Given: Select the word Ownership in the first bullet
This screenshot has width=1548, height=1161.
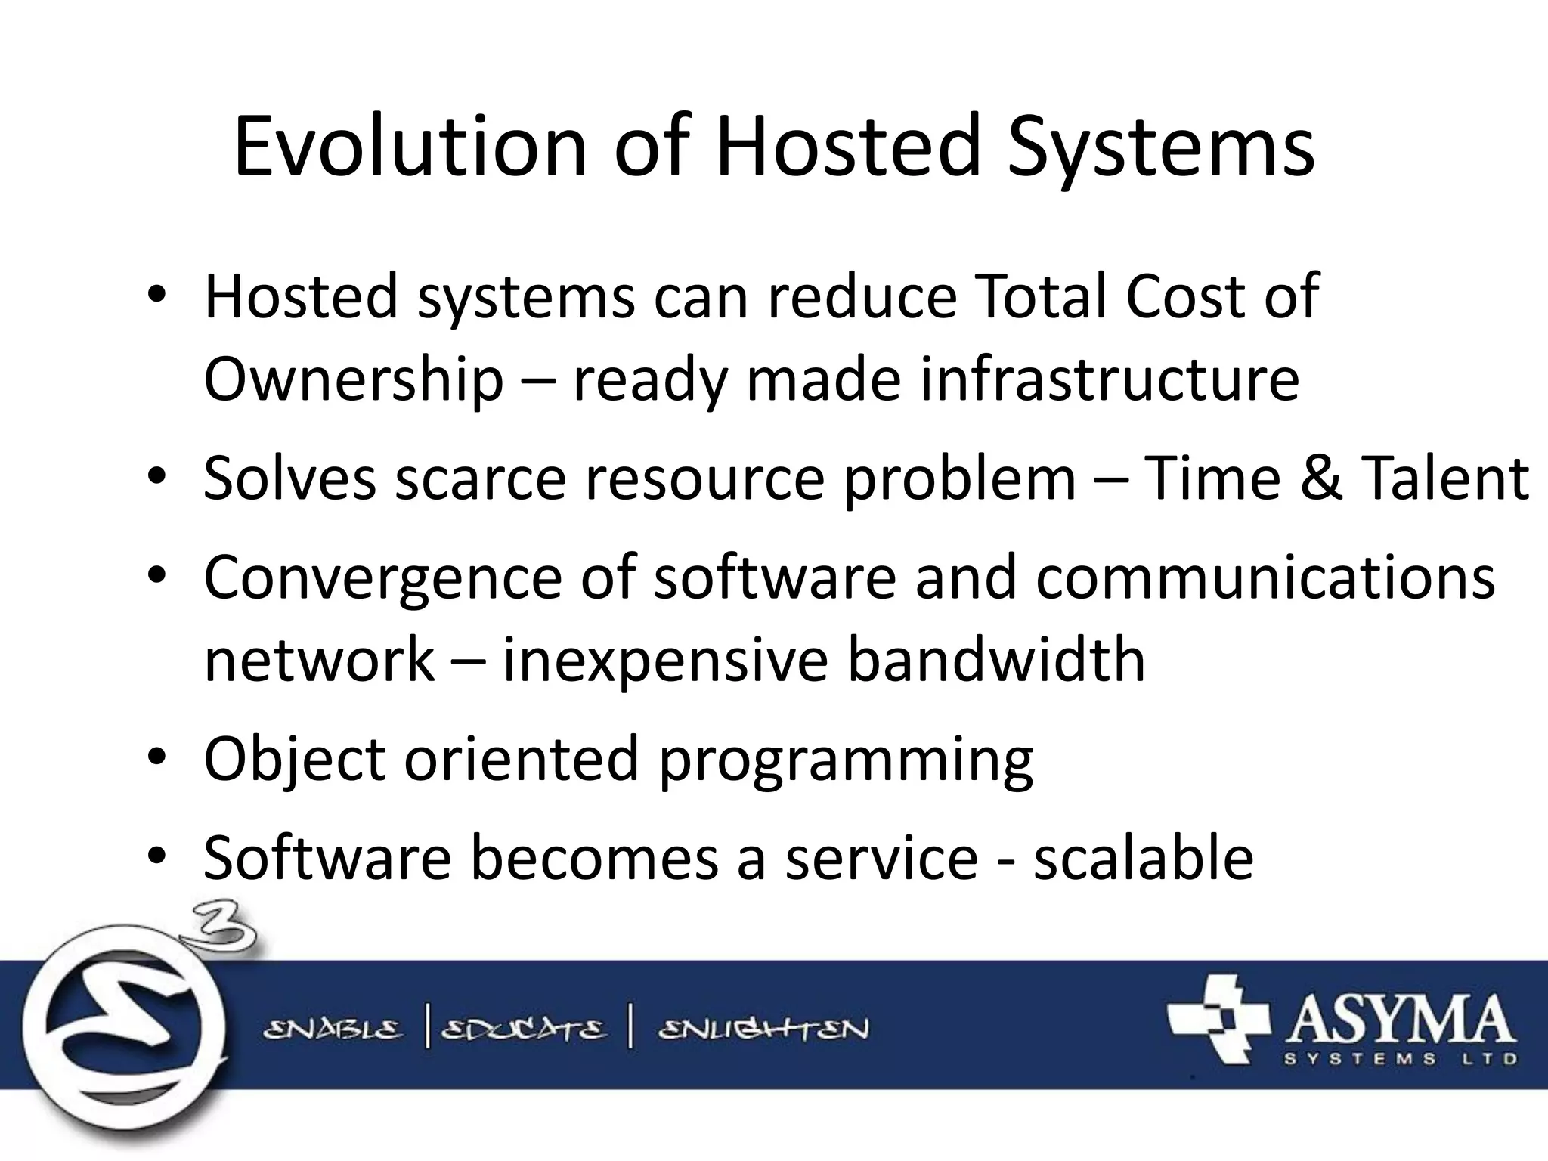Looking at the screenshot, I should (353, 380).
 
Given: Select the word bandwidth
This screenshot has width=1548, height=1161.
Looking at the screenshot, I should (995, 659).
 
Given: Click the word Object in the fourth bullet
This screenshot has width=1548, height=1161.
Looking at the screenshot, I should (295, 760).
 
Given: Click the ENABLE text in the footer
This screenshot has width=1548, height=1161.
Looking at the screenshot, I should (333, 1029).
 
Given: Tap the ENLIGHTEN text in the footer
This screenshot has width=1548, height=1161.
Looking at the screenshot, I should (763, 1029).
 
